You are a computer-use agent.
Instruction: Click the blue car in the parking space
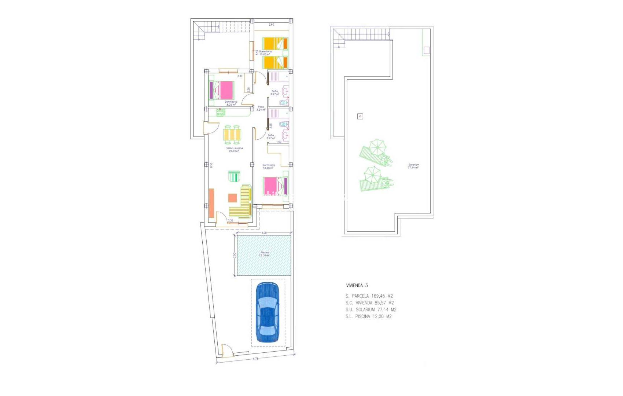pos(268,312)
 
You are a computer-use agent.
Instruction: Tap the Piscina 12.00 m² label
pos(265,254)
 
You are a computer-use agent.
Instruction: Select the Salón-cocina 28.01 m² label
pos(234,150)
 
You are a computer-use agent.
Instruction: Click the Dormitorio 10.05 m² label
pos(265,53)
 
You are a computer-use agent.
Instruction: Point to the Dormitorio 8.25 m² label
pos(231,103)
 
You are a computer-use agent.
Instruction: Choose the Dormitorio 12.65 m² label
pos(268,166)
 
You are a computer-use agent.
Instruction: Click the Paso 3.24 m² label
pos(261,108)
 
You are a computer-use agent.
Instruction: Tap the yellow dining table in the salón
pos(232,135)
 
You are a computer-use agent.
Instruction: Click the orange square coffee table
pos(232,198)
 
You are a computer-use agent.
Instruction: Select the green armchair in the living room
pos(234,176)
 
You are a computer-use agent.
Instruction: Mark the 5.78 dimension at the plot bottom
pos(255,359)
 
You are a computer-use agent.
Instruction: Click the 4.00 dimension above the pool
pos(264,233)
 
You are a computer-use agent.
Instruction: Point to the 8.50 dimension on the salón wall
pos(211,165)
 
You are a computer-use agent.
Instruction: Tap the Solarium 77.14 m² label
pos(413,166)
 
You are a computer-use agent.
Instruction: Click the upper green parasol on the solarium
pos(377,147)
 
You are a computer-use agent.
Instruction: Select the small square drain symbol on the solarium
pos(360,116)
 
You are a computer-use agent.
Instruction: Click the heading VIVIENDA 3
pos(357,285)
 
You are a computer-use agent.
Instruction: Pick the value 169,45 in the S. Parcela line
pos(378,296)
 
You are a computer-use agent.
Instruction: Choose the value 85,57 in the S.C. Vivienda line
pos(380,303)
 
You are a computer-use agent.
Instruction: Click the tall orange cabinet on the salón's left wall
pos(211,203)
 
